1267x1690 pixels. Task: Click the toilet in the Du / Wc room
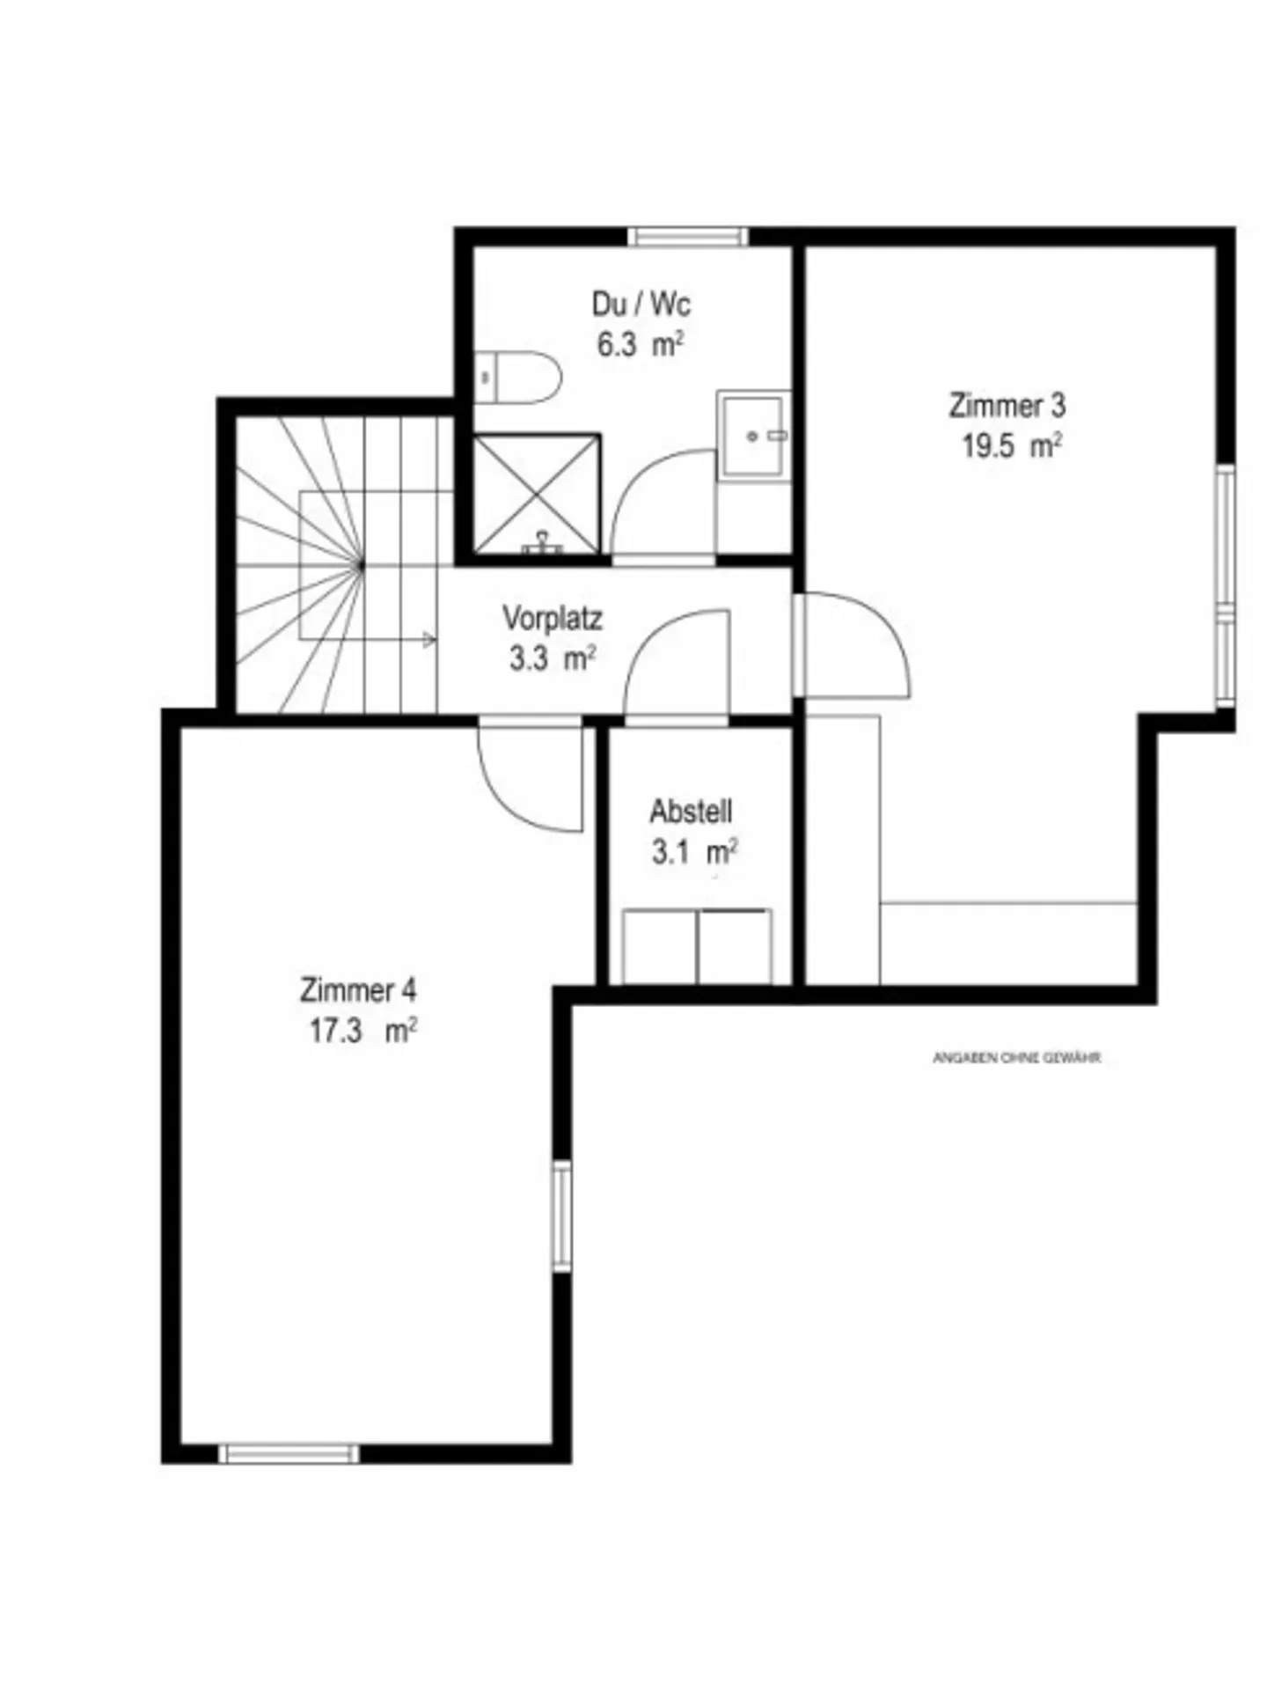tap(519, 377)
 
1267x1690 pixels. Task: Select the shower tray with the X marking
tap(537, 495)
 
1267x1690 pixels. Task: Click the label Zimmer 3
tap(1007, 406)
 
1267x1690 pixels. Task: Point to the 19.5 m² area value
tap(1010, 446)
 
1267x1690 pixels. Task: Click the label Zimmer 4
tap(358, 990)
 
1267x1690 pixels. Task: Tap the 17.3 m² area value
tap(362, 1031)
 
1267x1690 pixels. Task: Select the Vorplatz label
tap(553, 618)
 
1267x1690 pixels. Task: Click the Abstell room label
tap(691, 811)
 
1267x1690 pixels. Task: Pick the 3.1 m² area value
tap(693, 852)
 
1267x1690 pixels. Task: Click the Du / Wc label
tap(641, 305)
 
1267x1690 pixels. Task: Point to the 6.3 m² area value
tap(640, 345)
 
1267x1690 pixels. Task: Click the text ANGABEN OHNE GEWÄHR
tap(1016, 1058)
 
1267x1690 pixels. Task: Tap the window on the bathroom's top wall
tap(687, 236)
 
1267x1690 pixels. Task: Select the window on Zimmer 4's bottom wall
tap(289, 1453)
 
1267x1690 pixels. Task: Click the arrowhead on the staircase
tap(428, 640)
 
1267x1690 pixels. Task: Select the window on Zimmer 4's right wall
tap(560, 1216)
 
